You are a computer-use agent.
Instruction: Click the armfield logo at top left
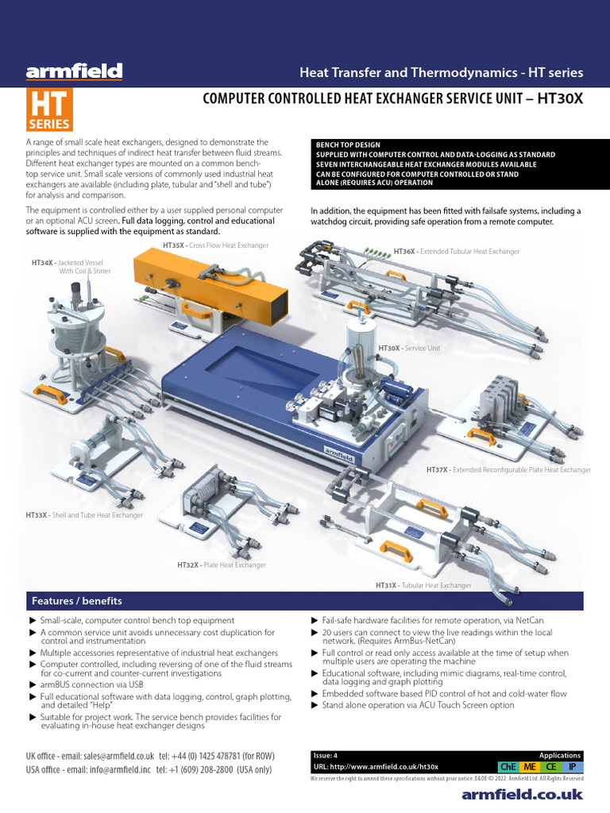pyautogui.click(x=74, y=72)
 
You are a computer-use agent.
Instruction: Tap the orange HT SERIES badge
pyautogui.click(x=49, y=110)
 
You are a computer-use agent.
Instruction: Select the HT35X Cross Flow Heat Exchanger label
pyautogui.click(x=215, y=245)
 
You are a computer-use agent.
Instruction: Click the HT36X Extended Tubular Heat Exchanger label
pyautogui.click(x=456, y=252)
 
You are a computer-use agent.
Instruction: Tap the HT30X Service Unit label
pyautogui.click(x=409, y=348)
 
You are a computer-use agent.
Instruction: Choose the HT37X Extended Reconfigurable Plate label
pyautogui.click(x=508, y=470)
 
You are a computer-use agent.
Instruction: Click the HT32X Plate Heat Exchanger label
pyautogui.click(x=221, y=565)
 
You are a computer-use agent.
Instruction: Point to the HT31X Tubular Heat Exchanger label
pyautogui.click(x=423, y=585)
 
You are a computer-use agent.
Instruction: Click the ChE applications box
pyautogui.click(x=506, y=767)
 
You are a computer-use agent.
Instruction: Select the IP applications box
pyautogui.click(x=573, y=767)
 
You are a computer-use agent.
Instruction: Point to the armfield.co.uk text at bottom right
pyautogui.click(x=522, y=794)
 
